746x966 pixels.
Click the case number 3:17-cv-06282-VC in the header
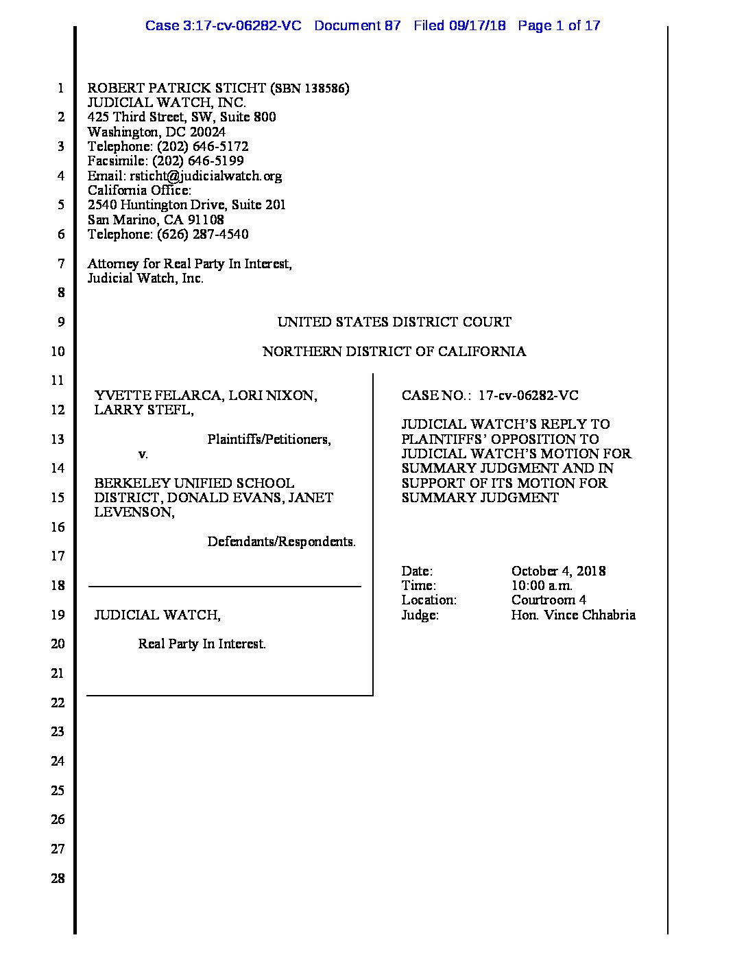coord(224,26)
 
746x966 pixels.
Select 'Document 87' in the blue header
coord(357,26)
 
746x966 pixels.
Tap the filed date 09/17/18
coord(478,26)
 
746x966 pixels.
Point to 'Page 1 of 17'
coord(559,26)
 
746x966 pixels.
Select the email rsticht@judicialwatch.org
coord(206,176)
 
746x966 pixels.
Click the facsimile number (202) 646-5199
coord(198,161)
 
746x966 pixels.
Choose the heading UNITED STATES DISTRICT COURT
coord(394,322)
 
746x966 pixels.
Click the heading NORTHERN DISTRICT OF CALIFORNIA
coord(394,351)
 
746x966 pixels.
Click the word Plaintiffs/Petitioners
coord(269,440)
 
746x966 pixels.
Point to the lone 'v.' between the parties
coord(143,454)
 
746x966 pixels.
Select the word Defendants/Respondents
coord(281,542)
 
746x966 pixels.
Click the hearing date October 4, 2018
coord(558,571)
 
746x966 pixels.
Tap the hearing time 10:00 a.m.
coord(542,585)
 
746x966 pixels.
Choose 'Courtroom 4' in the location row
coord(549,600)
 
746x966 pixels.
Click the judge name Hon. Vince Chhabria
coord(573,615)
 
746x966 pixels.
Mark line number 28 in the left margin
coord(58,878)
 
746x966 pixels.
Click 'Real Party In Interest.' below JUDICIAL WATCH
coord(202,644)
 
